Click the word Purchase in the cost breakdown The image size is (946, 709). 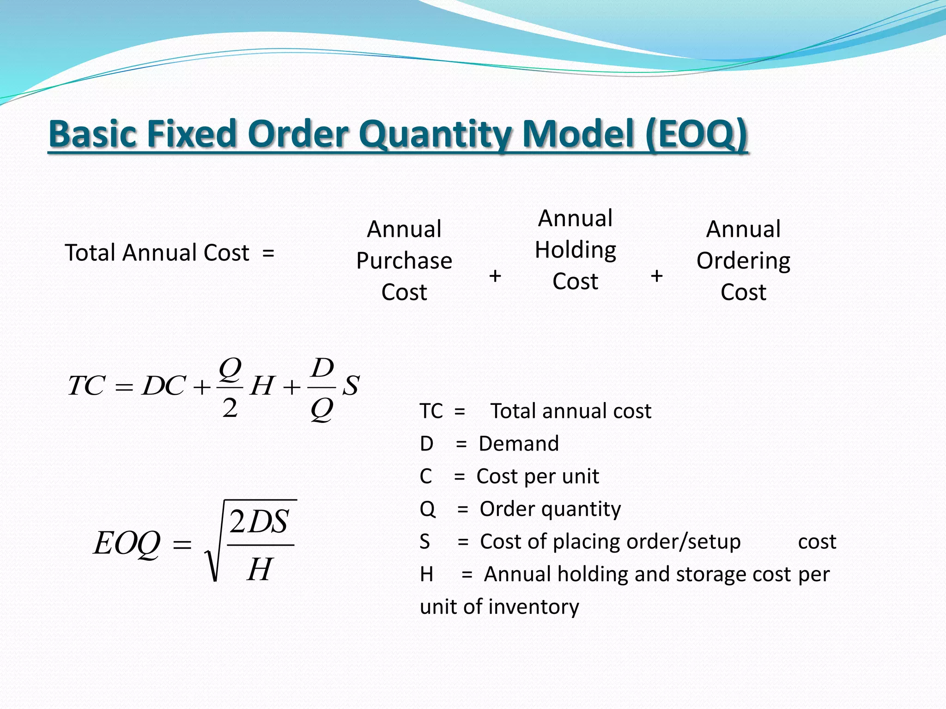(x=404, y=261)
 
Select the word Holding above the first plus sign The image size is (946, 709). (x=575, y=250)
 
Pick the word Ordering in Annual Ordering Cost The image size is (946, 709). (x=743, y=261)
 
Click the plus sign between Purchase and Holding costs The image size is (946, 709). (x=495, y=276)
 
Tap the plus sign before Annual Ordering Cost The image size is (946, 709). (x=656, y=276)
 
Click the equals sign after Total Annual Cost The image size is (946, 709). (x=268, y=253)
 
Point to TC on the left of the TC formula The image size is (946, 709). (x=86, y=385)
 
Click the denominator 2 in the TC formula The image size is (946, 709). (x=230, y=408)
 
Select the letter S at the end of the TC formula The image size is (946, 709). (x=351, y=385)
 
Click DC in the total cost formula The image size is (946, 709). (x=164, y=385)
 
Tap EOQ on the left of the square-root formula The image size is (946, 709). (x=127, y=543)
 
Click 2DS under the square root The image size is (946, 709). (x=259, y=522)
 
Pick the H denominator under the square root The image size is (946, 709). (x=260, y=569)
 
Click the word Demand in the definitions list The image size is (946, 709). (x=519, y=444)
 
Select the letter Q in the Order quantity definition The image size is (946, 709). (x=427, y=509)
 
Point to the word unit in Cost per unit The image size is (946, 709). (x=580, y=476)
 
